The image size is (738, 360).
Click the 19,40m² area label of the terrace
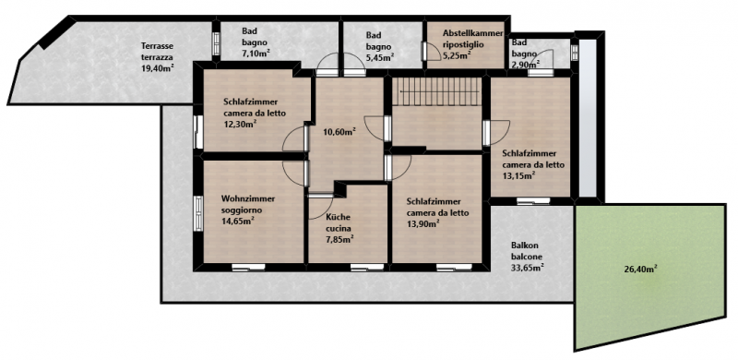pos(158,68)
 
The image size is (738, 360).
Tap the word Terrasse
pos(156,46)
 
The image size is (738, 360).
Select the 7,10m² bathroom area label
pos(256,53)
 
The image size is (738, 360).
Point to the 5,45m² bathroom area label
pos(380,56)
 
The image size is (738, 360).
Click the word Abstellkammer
pos(473,33)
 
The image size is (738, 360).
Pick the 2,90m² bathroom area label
pos(526,62)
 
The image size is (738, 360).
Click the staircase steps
pos(437,91)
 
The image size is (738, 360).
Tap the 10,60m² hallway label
pos(339,131)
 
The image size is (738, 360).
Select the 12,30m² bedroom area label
pos(240,124)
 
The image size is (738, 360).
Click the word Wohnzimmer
pos(248,198)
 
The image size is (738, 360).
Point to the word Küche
pos(337,218)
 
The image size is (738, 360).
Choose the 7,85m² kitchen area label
pos(339,238)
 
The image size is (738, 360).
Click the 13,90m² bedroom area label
pos(423,223)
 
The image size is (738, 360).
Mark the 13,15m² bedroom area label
pos(518,175)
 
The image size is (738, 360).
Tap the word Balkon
pos(524,246)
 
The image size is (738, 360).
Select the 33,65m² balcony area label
pos(528,268)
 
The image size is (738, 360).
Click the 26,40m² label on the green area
pos(640,269)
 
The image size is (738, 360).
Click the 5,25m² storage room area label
pos(457,55)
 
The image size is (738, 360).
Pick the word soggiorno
pos(242,210)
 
